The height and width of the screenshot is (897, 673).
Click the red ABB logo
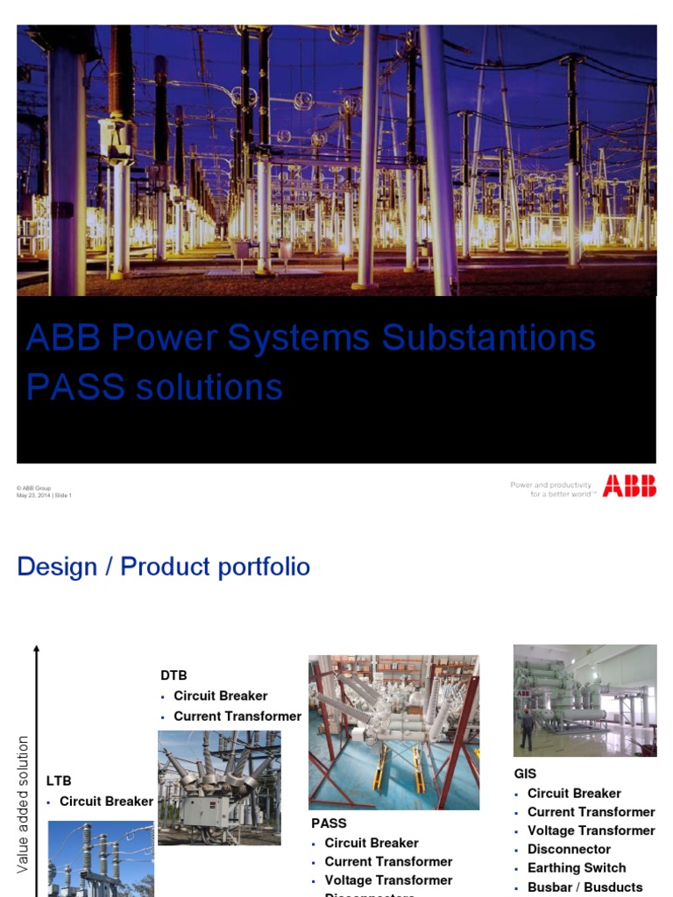pyautogui.click(x=628, y=487)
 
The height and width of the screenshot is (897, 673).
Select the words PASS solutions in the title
pyautogui.click(x=154, y=386)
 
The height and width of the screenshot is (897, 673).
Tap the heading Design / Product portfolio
pyautogui.click(x=163, y=567)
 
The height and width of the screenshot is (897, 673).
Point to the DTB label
pyautogui.click(x=174, y=675)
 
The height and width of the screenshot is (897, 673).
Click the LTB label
pyautogui.click(x=59, y=780)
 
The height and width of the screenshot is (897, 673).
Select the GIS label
pyautogui.click(x=525, y=773)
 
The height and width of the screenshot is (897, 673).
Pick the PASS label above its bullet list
pyautogui.click(x=329, y=823)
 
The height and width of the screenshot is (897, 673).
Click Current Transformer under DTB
pyautogui.click(x=237, y=716)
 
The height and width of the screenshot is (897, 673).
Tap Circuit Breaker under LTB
pyautogui.click(x=106, y=801)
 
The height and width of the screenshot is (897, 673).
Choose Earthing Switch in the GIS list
pyautogui.click(x=576, y=867)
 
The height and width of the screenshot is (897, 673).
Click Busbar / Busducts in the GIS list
pyautogui.click(x=584, y=886)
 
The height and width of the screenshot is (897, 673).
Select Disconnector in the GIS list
pyautogui.click(x=569, y=849)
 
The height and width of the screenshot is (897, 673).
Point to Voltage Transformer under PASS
pyautogui.click(x=388, y=879)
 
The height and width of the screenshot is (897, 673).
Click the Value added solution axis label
pyautogui.click(x=24, y=804)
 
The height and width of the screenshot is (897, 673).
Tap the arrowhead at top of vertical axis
pyautogui.click(x=36, y=649)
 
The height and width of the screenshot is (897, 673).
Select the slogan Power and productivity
pyautogui.click(x=550, y=484)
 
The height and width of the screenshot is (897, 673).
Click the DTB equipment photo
pyautogui.click(x=219, y=788)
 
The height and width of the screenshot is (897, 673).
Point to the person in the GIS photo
pyautogui.click(x=526, y=729)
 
